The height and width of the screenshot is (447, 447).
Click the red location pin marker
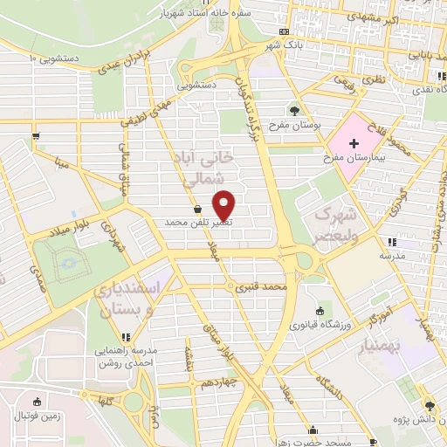point(225,204)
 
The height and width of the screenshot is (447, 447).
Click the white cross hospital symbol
point(353,143)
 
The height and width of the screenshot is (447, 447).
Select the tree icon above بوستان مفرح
point(293,111)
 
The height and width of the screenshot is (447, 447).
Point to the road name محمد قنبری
point(265,286)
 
